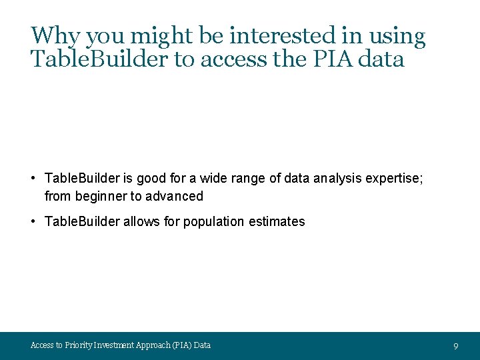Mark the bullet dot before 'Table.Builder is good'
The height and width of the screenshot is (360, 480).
click(x=33, y=178)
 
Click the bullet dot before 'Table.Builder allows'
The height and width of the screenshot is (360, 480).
click(x=33, y=221)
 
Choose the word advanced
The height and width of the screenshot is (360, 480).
click(x=178, y=196)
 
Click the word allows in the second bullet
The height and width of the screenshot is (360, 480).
click(x=143, y=221)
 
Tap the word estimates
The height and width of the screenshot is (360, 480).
click(x=277, y=221)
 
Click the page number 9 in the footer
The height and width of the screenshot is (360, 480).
click(x=455, y=346)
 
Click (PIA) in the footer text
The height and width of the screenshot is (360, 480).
click(x=181, y=345)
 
